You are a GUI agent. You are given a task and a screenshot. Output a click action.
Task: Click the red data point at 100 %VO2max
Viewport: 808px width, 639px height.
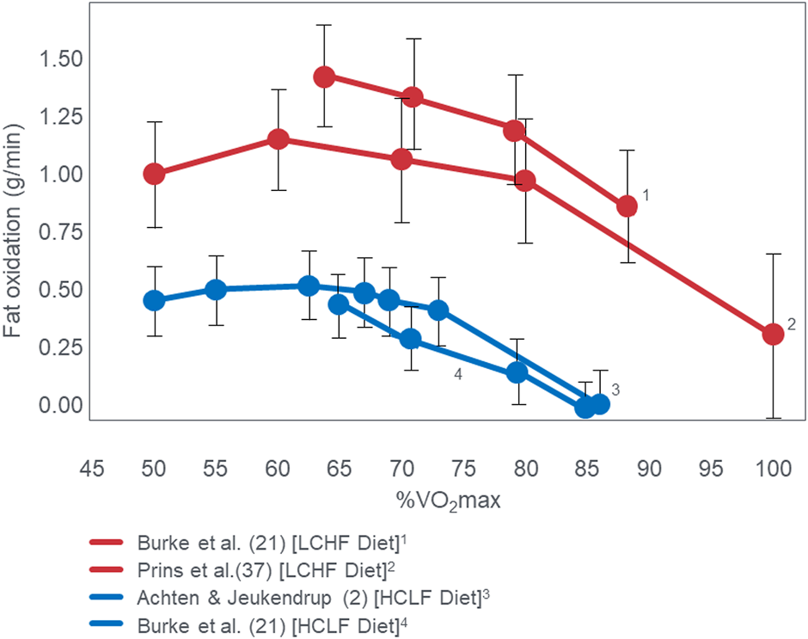click(773, 334)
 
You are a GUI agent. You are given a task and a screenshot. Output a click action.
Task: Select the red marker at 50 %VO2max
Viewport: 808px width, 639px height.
click(154, 174)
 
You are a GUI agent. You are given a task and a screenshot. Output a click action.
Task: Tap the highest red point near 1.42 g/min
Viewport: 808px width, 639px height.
click(324, 77)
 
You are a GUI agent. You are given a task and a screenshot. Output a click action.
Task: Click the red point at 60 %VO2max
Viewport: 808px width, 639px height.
click(278, 139)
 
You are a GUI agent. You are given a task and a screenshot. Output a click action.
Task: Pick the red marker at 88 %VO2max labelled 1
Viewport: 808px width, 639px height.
click(627, 206)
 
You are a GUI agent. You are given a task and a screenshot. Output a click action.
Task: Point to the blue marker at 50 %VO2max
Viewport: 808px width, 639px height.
click(154, 301)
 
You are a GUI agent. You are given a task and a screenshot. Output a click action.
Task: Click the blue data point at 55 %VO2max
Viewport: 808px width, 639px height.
click(216, 290)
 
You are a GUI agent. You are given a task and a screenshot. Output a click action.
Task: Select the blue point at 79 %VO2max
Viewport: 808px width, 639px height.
click(517, 372)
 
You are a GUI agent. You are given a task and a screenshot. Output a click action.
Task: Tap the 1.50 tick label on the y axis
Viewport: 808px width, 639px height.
click(56, 58)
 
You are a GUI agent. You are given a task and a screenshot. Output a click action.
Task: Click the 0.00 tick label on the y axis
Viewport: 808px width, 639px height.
click(56, 404)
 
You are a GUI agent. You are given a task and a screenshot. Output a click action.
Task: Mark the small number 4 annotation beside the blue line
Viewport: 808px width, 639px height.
click(460, 375)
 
